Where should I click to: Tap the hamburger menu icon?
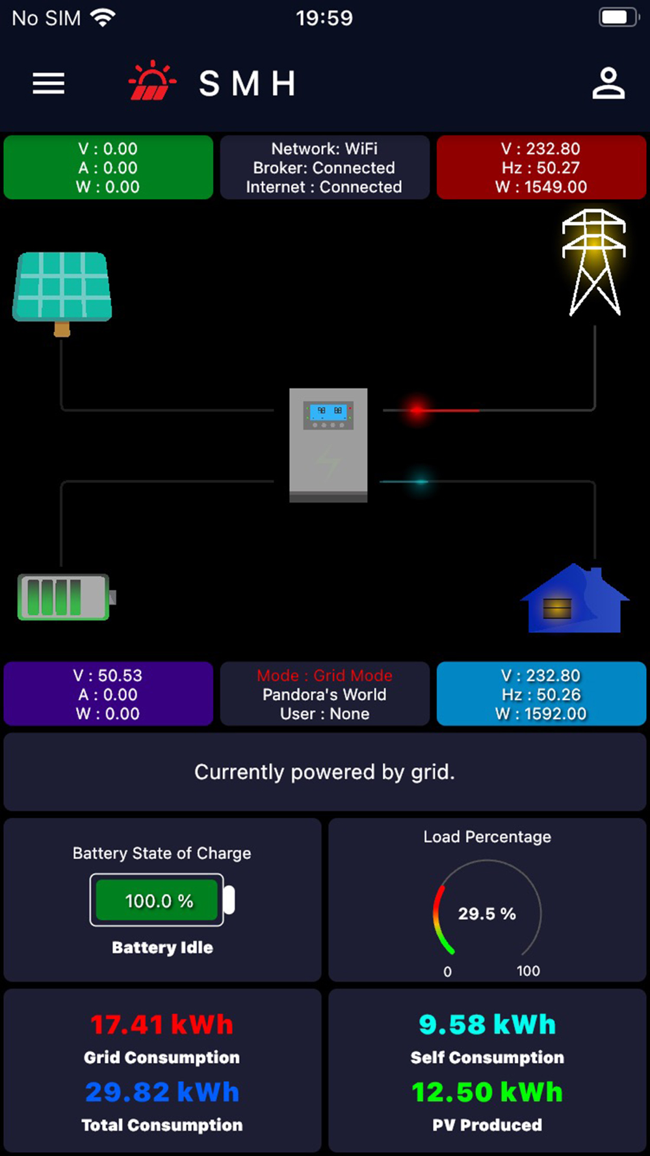coord(49,83)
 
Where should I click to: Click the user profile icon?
coord(608,83)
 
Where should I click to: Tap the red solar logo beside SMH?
coord(152,81)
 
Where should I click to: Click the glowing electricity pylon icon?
coord(593,261)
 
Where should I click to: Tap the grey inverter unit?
coord(328,445)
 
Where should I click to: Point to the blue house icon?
coord(575,599)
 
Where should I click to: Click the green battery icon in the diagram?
coord(65,596)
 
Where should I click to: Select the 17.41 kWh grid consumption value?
coord(162,1025)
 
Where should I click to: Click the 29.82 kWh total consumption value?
coord(162,1092)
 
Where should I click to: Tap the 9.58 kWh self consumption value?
coord(487,1025)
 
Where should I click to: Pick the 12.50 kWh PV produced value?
coord(487,1092)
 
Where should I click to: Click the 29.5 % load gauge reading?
coord(487,913)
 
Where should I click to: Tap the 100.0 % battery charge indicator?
coord(159,900)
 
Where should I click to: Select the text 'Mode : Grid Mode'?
coord(324,676)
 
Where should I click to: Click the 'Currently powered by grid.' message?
coord(324,772)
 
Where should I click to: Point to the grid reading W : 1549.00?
coord(541,187)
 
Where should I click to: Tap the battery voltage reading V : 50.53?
coord(108,676)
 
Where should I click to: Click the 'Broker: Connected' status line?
coord(324,168)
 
